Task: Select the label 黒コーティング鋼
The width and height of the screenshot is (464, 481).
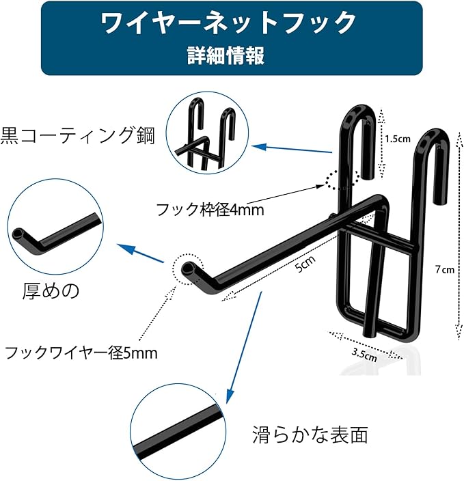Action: (x=77, y=135)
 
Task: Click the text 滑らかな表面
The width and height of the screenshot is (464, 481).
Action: (x=310, y=434)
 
